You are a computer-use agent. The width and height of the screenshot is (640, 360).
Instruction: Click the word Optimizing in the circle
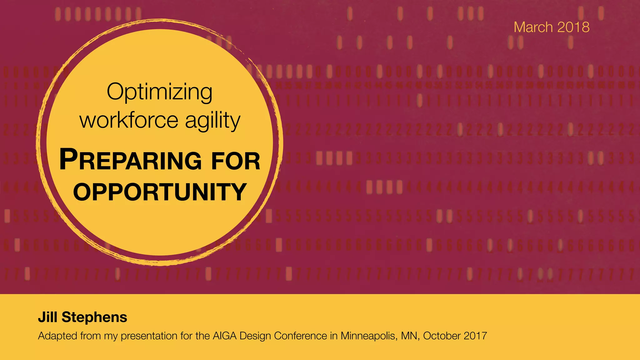(159, 92)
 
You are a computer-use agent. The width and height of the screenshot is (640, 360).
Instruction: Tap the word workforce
(129, 120)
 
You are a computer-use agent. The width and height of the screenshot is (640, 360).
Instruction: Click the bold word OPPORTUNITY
(160, 192)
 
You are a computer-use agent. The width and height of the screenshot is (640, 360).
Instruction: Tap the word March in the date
(533, 27)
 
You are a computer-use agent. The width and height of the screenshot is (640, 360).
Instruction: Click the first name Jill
(47, 317)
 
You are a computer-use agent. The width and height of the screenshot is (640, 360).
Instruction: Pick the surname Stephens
(94, 317)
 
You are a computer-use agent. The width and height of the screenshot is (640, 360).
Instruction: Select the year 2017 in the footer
(475, 336)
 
